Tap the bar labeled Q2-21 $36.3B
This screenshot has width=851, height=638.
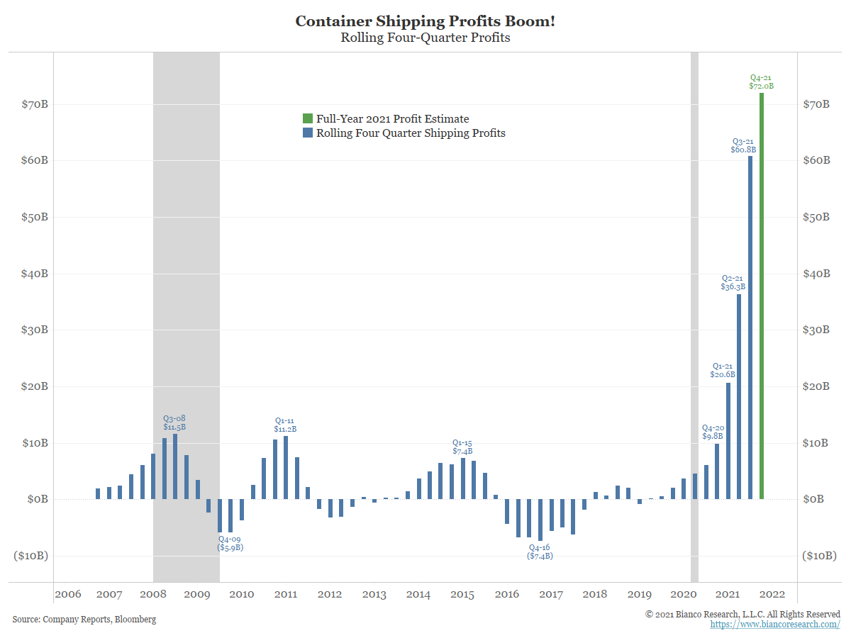pyautogui.click(x=739, y=397)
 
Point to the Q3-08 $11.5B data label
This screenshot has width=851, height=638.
pyautogui.click(x=174, y=423)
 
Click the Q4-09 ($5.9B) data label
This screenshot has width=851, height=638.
pyautogui.click(x=230, y=543)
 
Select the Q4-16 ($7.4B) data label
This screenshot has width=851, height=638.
pyautogui.click(x=540, y=552)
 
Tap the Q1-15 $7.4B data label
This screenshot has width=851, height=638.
pyautogui.click(x=462, y=447)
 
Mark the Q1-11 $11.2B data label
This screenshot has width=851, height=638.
pyautogui.click(x=285, y=425)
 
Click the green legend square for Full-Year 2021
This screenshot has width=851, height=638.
pyautogui.click(x=307, y=118)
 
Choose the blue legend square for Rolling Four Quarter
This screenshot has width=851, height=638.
pyautogui.click(x=307, y=133)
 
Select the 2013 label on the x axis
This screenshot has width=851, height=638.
pyautogui.click(x=374, y=594)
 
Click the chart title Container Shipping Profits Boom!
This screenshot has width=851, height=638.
pyautogui.click(x=425, y=21)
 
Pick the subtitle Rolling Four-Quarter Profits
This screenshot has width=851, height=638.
pyautogui.click(x=425, y=38)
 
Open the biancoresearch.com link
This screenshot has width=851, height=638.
pyautogui.click(x=775, y=625)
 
